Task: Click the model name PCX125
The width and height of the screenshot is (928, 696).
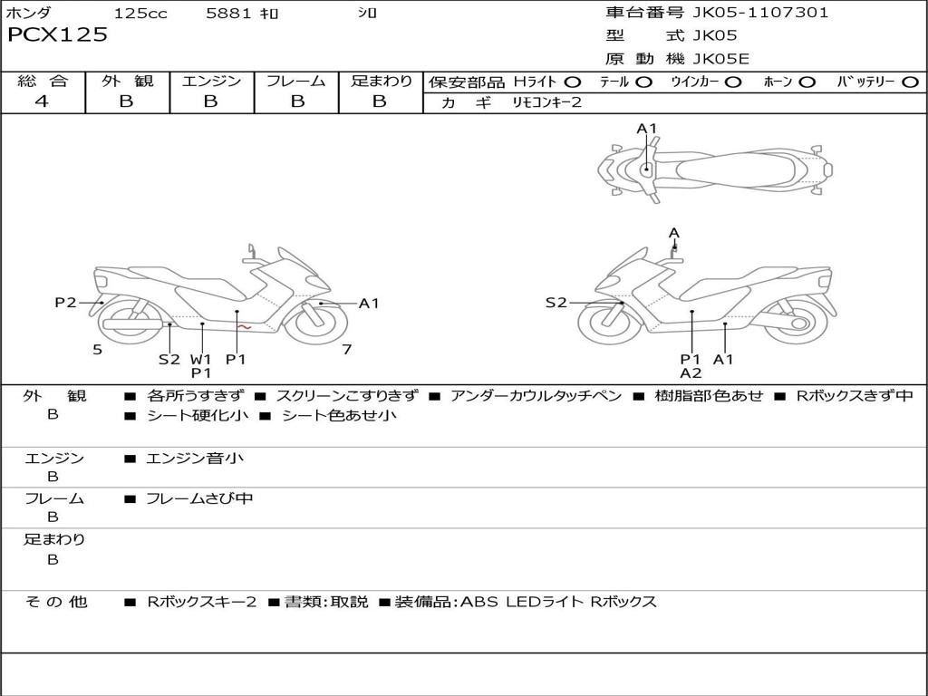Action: tap(57, 35)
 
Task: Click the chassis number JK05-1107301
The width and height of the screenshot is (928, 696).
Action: tap(760, 13)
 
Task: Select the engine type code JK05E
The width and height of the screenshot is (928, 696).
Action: tap(720, 59)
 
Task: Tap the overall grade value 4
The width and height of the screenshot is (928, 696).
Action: tap(42, 101)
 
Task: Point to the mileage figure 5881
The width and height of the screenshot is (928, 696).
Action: tap(229, 13)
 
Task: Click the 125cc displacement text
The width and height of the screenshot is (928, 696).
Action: tap(140, 13)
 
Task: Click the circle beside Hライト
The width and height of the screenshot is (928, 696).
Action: tap(573, 82)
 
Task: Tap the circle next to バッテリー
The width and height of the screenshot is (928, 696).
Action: tap(910, 82)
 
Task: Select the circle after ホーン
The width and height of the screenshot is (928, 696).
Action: tap(807, 82)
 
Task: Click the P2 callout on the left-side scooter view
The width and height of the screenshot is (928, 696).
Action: tap(65, 303)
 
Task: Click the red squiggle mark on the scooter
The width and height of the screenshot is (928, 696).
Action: tap(245, 326)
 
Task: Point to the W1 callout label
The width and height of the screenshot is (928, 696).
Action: tap(200, 359)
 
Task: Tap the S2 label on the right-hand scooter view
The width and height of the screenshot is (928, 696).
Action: tap(556, 303)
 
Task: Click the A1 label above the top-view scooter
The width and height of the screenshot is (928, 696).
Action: tap(647, 129)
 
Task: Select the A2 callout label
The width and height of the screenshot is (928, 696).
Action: tap(691, 373)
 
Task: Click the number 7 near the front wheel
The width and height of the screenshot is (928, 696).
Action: tap(347, 350)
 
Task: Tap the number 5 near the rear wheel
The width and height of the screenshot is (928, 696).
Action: tap(98, 350)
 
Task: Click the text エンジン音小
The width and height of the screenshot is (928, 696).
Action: tap(195, 458)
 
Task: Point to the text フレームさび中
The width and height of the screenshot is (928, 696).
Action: tap(199, 499)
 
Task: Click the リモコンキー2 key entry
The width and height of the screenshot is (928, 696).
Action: tap(546, 102)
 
